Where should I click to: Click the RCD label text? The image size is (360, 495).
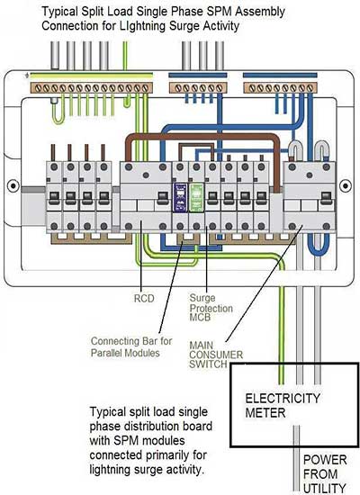click(144, 298)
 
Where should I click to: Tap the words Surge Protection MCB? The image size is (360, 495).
click(211, 308)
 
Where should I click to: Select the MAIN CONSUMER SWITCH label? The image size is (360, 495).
click(216, 355)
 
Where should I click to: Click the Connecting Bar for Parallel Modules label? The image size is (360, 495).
click(131, 346)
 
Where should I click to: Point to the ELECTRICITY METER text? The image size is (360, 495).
click(283, 405)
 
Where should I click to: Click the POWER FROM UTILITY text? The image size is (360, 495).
click(325, 473)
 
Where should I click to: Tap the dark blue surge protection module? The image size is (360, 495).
click(180, 198)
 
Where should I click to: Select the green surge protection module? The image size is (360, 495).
click(196, 198)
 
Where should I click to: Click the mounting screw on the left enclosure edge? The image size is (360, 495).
click(13, 185)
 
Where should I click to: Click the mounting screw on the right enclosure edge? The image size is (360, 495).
click(346, 185)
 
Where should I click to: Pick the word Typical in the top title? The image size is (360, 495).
click(59, 12)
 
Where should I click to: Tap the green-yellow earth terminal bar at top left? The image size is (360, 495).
click(92, 88)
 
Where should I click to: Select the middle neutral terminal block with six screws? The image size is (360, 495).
click(198, 88)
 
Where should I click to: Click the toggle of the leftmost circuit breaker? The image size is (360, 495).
click(54, 195)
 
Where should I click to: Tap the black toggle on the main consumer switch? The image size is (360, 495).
click(327, 197)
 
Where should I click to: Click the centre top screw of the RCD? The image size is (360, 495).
click(146, 175)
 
